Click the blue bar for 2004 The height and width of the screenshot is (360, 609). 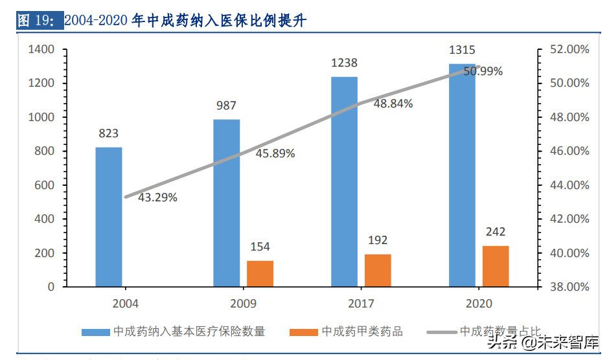click(x=109, y=217)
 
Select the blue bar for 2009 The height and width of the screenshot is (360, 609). click(x=227, y=203)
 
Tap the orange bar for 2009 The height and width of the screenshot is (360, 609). click(x=260, y=273)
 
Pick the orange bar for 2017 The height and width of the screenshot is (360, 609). click(x=378, y=270)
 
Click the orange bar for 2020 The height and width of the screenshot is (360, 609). click(x=496, y=266)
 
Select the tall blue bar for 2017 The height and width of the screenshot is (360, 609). click(x=344, y=181)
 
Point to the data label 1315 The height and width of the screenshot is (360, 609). click(x=462, y=50)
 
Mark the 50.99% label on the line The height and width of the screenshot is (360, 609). click(x=483, y=71)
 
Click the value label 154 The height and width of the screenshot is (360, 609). click(x=260, y=247)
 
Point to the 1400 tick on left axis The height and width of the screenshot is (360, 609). click(x=40, y=49)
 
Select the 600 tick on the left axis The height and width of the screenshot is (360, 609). click(x=43, y=185)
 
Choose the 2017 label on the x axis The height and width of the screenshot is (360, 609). click(x=361, y=303)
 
